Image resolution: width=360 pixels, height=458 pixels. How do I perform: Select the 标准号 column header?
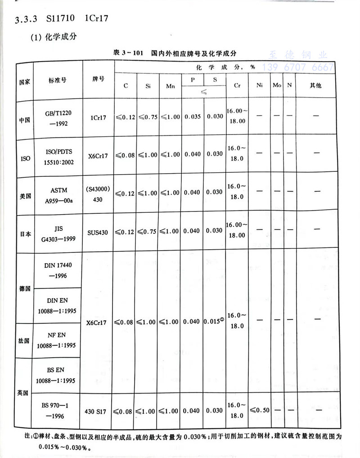pyautogui.click(x=58, y=80)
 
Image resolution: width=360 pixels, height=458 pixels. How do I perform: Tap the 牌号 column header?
pyautogui.click(x=98, y=79)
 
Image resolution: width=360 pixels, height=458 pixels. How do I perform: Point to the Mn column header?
pyautogui.click(x=171, y=86)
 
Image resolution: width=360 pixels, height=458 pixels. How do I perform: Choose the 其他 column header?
pyautogui.click(x=316, y=85)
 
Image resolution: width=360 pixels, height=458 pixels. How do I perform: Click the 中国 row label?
pyautogui.click(x=25, y=120)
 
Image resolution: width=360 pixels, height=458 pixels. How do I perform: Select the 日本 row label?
pyautogui.click(x=25, y=234)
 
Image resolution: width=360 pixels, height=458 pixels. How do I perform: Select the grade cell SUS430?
pyautogui.click(x=98, y=231)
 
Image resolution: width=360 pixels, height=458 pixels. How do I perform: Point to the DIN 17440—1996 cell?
pyautogui.click(x=58, y=270)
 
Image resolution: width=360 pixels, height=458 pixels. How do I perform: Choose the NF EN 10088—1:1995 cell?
pyautogui.click(x=58, y=340)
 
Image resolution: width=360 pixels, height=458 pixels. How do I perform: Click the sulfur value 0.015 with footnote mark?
pyautogui.click(x=214, y=322)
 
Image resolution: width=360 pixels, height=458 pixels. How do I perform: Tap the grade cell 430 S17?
pyautogui.click(x=98, y=410)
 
